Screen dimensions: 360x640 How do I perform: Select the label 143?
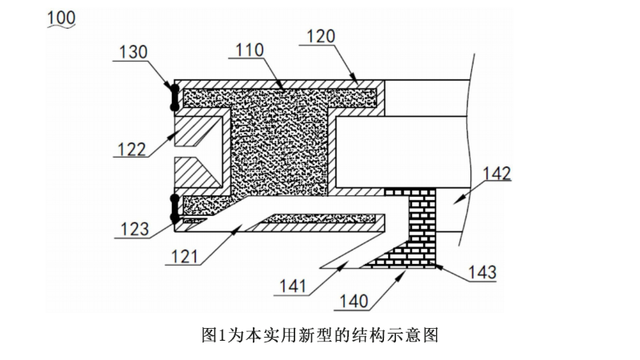(x=479, y=273)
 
